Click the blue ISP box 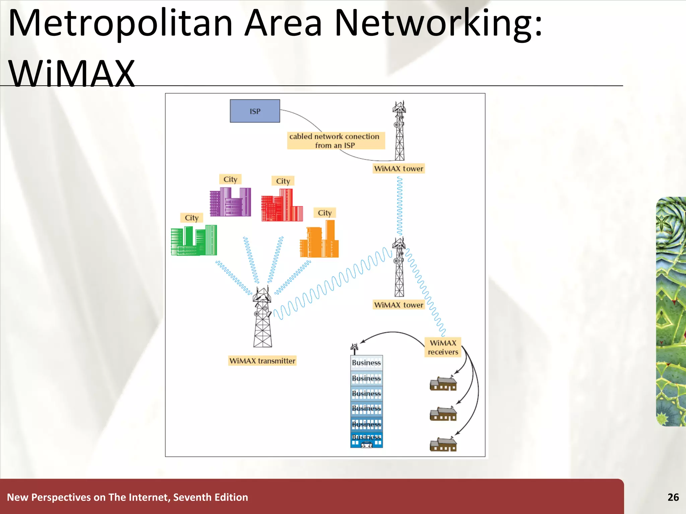pyautogui.click(x=255, y=111)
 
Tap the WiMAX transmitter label pyautogui.click(x=262, y=361)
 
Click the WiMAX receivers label pyautogui.click(x=443, y=347)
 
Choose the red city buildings pyautogui.click(x=282, y=205)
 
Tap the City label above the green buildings pyautogui.click(x=192, y=218)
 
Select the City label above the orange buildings pyautogui.click(x=325, y=213)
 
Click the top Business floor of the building pyautogui.click(x=366, y=363)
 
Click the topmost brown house pyautogui.click(x=443, y=383)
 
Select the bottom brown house pyautogui.click(x=443, y=444)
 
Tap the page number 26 pyautogui.click(x=673, y=497)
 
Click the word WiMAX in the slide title pyautogui.click(x=71, y=73)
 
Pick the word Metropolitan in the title pyautogui.click(x=121, y=23)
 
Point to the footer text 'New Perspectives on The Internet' pyautogui.click(x=127, y=497)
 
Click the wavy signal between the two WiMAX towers pyautogui.click(x=399, y=206)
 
